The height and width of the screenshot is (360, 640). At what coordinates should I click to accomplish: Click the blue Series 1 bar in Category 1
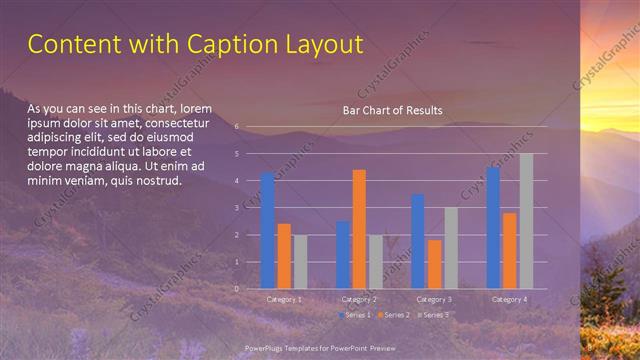coord(268,231)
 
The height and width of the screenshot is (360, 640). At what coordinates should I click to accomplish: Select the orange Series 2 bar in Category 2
coord(359,229)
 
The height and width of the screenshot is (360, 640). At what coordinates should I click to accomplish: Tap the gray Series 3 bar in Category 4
coord(526,221)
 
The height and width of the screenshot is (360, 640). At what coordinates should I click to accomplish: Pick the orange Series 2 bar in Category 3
coord(434,264)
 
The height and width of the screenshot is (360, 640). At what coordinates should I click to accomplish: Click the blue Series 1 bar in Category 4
coord(493,228)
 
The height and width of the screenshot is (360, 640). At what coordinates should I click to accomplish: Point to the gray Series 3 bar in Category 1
coord(300,262)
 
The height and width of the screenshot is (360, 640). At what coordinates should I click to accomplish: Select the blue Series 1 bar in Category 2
coord(343,255)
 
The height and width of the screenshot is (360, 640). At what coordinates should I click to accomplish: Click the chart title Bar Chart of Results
coord(392,111)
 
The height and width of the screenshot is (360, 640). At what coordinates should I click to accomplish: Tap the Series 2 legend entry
coord(392,315)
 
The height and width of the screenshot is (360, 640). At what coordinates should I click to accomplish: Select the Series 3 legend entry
coord(431,315)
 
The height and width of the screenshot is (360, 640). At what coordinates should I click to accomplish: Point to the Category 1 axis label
coord(284,299)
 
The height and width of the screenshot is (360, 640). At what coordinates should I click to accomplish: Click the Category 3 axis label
coord(434,299)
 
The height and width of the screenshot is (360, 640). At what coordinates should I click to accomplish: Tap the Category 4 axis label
coord(509,299)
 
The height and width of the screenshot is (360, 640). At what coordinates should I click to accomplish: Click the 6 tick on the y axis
coord(236,127)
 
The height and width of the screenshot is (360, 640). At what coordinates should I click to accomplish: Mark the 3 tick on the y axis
coord(236,208)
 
